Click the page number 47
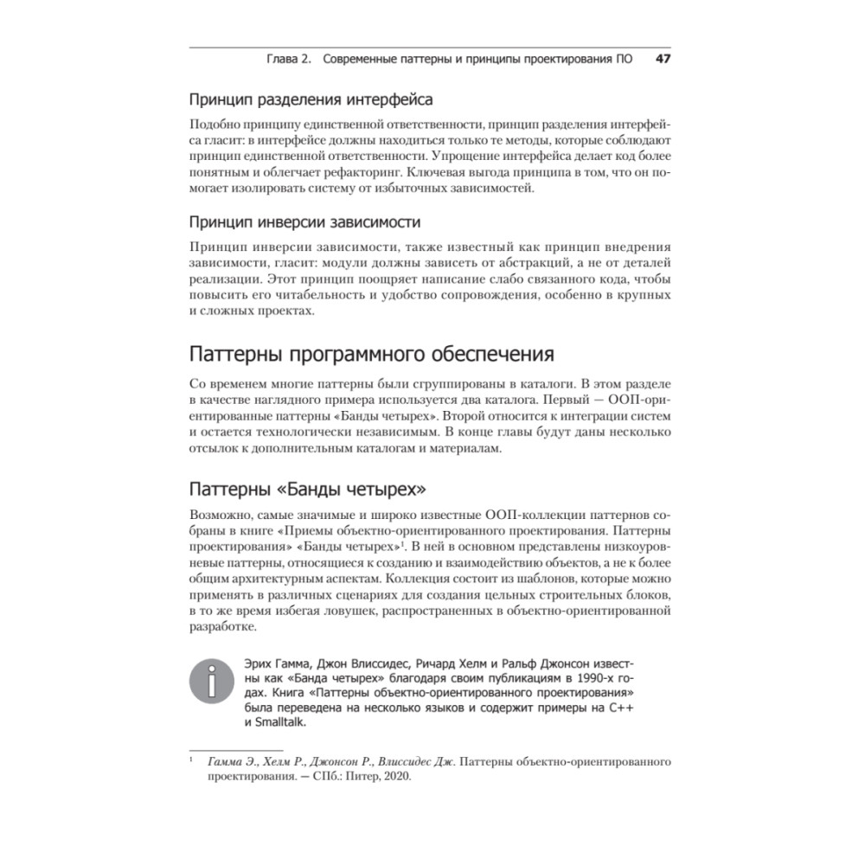tap(663, 60)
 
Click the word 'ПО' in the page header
tap(621, 60)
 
